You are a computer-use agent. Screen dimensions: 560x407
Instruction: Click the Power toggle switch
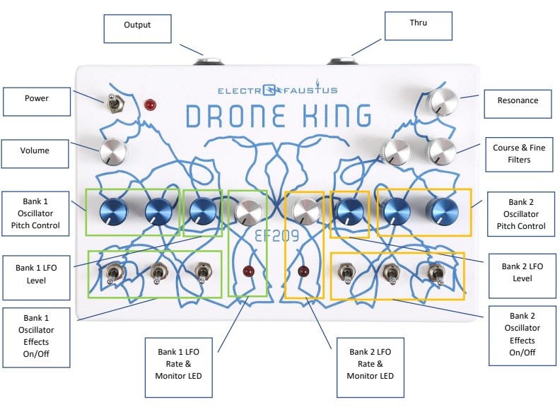(115, 103)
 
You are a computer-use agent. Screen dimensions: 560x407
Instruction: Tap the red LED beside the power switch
(150, 105)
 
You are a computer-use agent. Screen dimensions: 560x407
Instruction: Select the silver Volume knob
(113, 151)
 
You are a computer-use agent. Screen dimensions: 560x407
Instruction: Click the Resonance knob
(443, 102)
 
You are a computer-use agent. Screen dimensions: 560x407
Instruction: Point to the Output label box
(137, 28)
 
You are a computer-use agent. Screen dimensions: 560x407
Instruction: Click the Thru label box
(418, 25)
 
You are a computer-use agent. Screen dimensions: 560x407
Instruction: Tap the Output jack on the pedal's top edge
(209, 61)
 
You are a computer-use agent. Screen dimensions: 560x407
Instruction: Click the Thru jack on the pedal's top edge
(342, 61)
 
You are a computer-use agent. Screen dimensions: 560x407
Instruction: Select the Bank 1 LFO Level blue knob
(202, 211)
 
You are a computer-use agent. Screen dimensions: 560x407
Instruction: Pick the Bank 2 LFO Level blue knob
(350, 212)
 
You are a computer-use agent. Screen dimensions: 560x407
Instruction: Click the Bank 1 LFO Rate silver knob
(248, 213)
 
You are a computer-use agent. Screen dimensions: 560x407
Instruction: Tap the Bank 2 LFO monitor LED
(303, 271)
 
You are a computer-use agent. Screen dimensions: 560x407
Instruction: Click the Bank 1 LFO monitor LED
(248, 271)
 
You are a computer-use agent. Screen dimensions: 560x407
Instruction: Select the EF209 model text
(276, 236)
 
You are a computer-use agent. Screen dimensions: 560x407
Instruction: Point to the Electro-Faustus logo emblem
(270, 90)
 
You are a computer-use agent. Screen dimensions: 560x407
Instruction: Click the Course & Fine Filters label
(519, 154)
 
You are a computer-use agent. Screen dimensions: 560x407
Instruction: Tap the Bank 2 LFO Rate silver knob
(306, 212)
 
